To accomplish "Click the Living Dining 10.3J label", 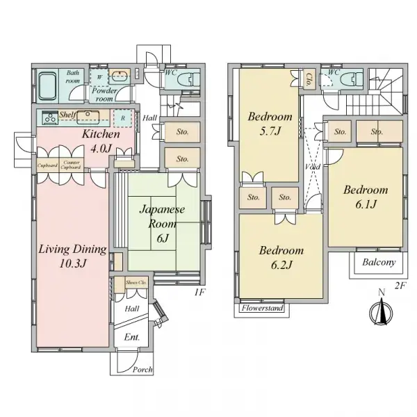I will click(72, 256).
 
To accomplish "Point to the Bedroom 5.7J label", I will click(270, 124).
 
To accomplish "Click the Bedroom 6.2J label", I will click(281, 257).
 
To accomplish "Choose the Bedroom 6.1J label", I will click(365, 197).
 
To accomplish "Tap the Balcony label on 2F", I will click(378, 263).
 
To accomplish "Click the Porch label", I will click(142, 370).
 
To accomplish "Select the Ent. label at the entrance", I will click(131, 338).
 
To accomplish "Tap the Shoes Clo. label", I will click(136, 283).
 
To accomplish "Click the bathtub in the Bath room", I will click(47, 87).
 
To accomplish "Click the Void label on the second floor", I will click(312, 167).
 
